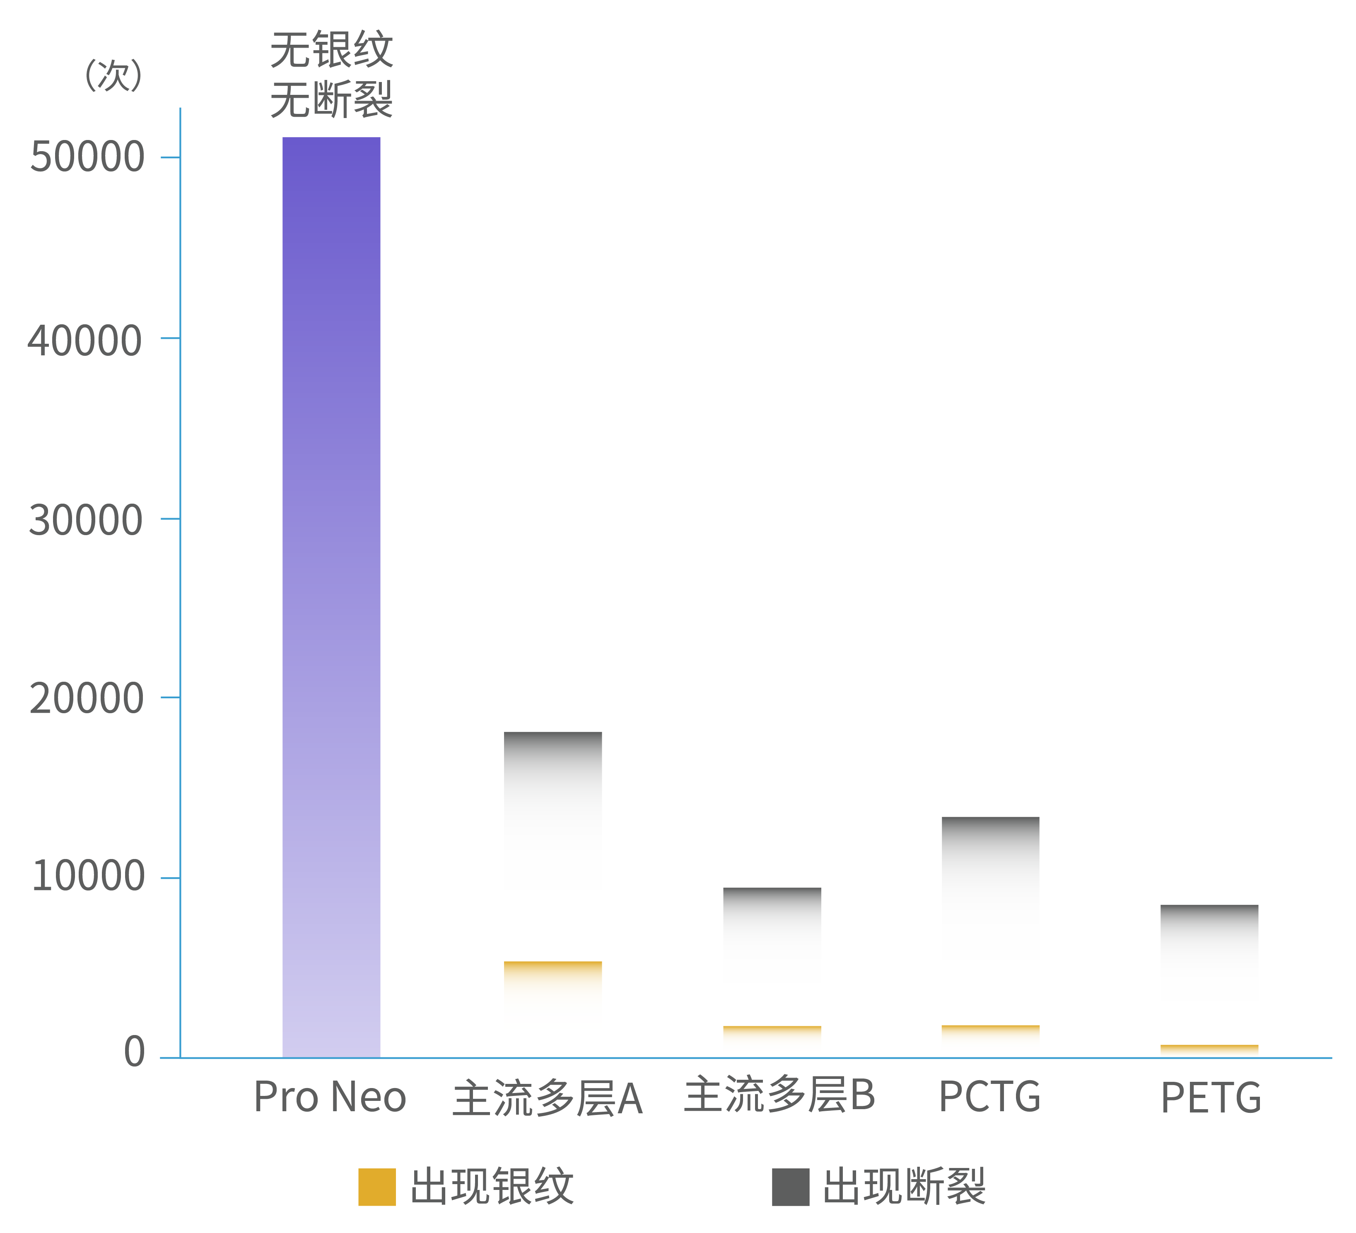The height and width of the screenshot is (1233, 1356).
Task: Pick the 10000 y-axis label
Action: coord(87,876)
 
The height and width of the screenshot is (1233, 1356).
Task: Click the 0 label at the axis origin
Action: coord(135,1051)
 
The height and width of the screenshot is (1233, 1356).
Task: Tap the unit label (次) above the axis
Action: coord(113,74)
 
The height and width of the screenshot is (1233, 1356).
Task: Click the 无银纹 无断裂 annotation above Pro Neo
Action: coord(331,75)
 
